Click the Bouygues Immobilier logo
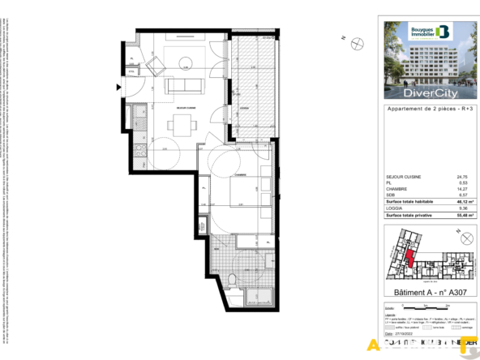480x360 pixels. (x=428, y=32)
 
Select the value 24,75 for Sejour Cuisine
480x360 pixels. (x=462, y=176)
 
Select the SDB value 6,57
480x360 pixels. (x=462, y=195)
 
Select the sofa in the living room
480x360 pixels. (x=181, y=86)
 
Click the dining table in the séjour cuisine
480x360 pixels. (x=181, y=123)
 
